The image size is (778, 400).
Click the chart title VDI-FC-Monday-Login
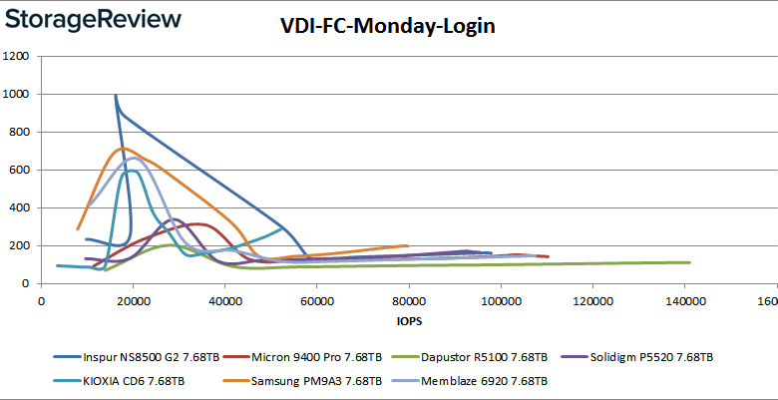click(x=388, y=26)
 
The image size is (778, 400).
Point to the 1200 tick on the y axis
click(x=17, y=56)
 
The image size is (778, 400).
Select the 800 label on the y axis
click(x=20, y=132)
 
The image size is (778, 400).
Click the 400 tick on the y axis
click(x=20, y=207)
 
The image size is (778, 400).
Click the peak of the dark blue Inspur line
click(x=116, y=96)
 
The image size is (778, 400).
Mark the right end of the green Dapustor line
click(x=690, y=262)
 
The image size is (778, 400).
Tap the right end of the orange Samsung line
click(x=408, y=245)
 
